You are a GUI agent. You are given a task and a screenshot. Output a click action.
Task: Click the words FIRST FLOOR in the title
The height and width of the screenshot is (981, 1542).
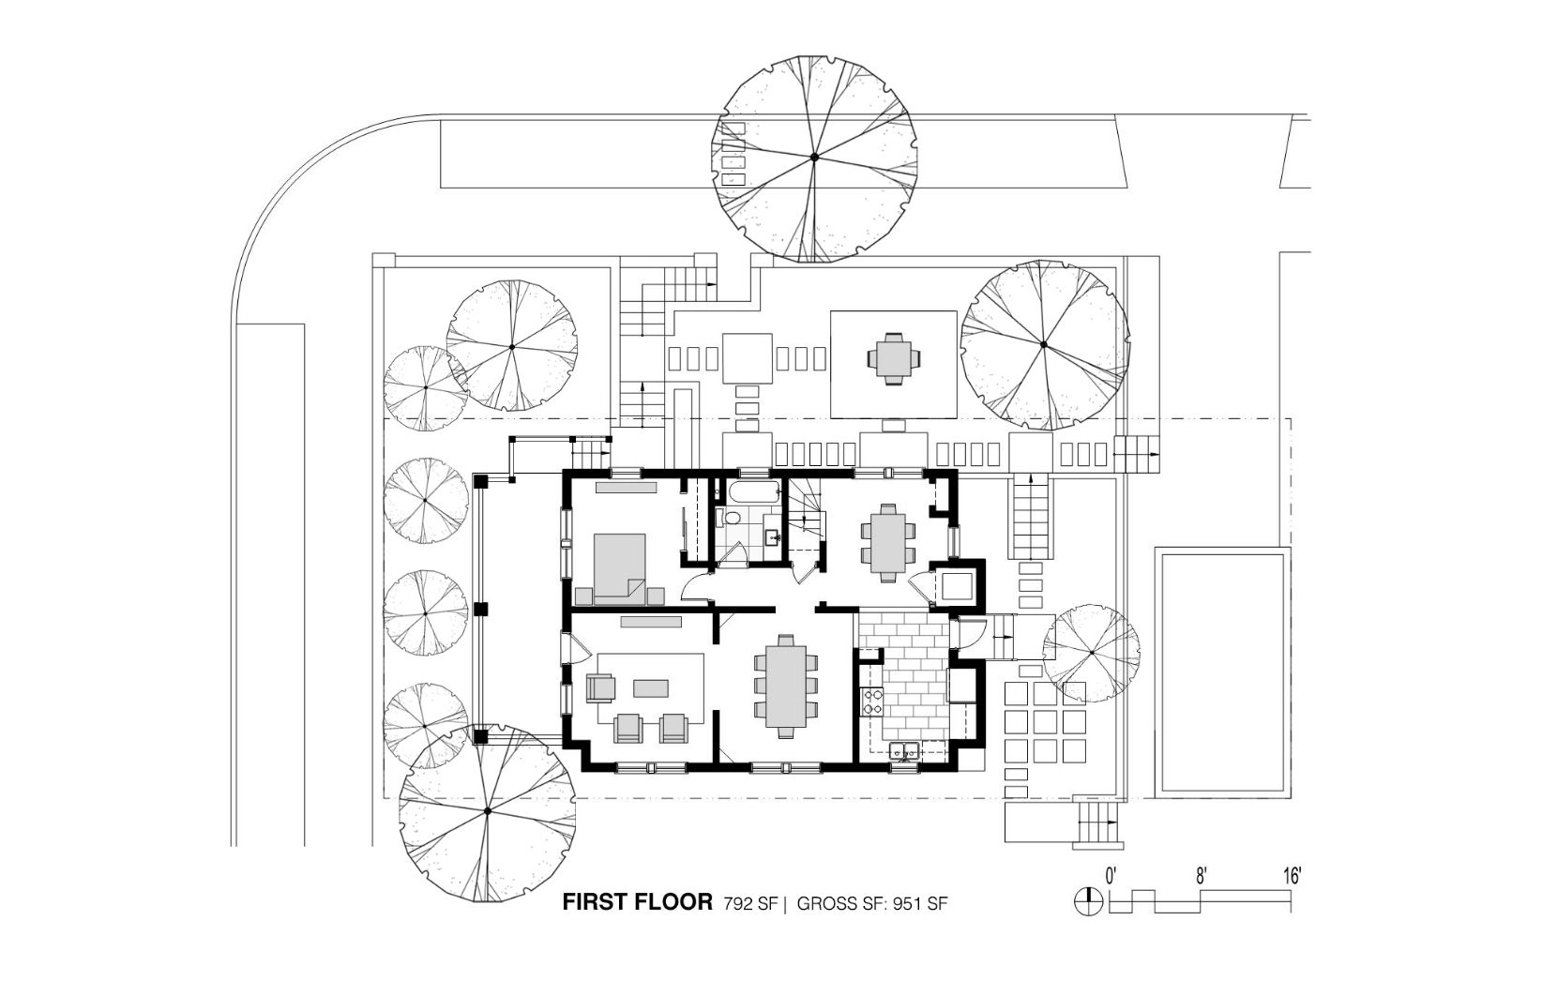coord(637,902)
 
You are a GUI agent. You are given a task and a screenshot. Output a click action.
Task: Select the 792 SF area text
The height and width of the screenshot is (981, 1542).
coord(749,903)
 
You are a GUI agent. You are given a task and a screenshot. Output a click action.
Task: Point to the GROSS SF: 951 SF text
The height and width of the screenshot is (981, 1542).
coord(872,903)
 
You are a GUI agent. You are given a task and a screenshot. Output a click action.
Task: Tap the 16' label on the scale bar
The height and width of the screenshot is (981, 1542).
coord(1293,876)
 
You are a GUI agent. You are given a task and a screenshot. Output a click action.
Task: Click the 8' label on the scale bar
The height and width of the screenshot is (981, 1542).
coord(1202,876)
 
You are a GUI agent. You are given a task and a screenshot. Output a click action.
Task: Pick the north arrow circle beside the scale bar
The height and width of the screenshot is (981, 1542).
coord(1088,902)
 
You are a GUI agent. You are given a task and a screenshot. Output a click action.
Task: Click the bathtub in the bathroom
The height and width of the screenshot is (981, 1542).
coord(753,491)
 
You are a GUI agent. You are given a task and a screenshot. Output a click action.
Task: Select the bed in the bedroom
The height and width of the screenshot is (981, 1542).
coord(620,568)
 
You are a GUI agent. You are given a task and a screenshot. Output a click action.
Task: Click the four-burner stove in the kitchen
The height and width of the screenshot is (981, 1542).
coord(872,702)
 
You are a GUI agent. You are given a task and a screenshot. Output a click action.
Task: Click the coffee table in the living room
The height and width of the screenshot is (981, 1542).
coord(651,688)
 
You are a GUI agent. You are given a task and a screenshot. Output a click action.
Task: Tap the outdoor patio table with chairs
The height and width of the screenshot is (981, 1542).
coord(894,358)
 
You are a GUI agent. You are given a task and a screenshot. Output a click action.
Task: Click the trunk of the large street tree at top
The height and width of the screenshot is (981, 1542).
coord(814,157)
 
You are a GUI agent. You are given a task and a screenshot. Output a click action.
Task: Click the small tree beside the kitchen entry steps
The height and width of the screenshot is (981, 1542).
coord(1091,653)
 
